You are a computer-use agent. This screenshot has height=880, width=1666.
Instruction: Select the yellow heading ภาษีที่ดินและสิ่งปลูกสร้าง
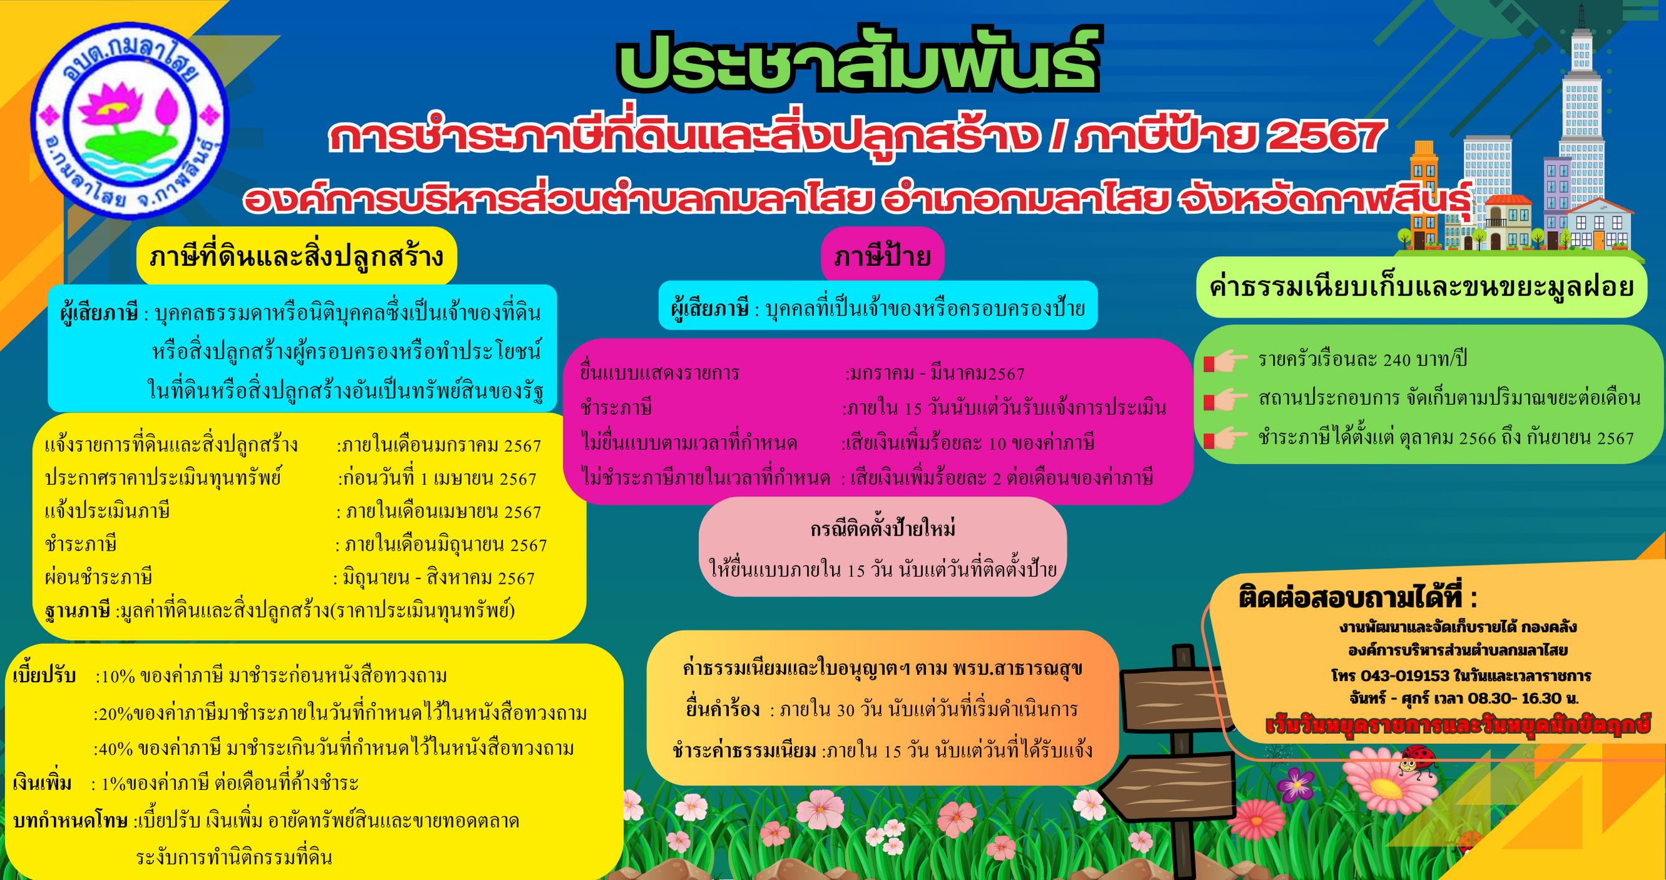click(x=296, y=257)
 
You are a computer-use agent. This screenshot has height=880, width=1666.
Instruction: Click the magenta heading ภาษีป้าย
click(x=882, y=257)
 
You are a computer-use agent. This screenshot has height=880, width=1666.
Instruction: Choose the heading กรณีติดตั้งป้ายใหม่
click(x=883, y=529)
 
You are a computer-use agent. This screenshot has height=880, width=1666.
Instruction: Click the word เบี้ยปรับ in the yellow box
click(x=44, y=676)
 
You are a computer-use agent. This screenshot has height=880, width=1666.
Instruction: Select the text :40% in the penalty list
click(x=113, y=749)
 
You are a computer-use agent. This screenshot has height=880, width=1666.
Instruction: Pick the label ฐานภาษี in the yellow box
click(x=78, y=610)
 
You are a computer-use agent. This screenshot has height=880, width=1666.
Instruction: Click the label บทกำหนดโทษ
click(x=71, y=821)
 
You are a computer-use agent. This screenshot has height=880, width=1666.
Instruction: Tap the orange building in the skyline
click(x=1424, y=194)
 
